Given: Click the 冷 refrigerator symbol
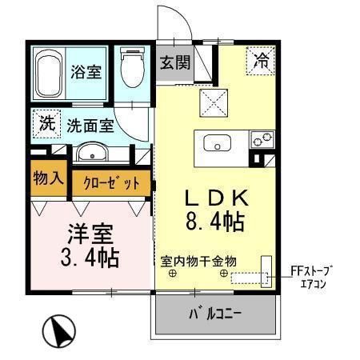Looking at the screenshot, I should click(262, 58).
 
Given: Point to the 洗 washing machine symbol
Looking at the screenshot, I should click(47, 124).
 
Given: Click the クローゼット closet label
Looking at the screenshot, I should click(112, 182).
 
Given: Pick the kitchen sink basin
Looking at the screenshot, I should click(218, 144).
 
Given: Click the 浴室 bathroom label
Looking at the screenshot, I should click(85, 70).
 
